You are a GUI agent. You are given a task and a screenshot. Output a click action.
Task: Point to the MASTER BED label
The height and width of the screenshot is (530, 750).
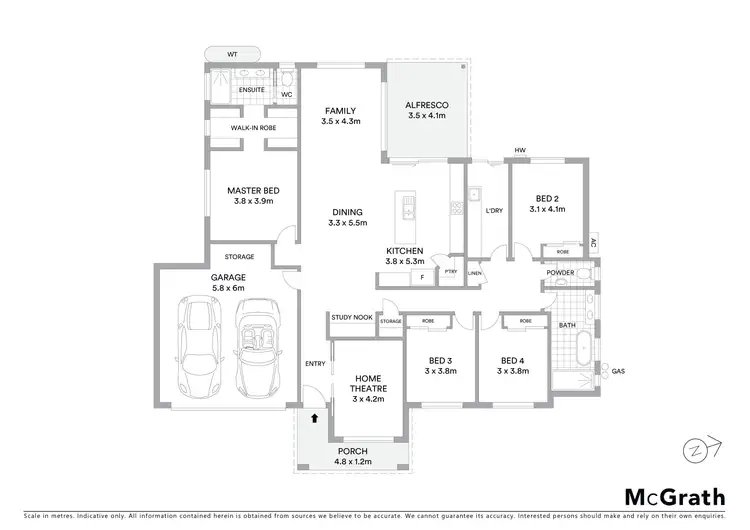pyautogui.click(x=252, y=190)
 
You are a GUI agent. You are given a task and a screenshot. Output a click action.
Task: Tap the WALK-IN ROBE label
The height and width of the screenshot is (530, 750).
pyautogui.click(x=253, y=129)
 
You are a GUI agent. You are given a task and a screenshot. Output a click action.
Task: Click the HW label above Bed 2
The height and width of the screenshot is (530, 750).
pyautogui.click(x=520, y=151)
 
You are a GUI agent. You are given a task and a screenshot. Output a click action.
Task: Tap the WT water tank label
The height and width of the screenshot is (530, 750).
pyautogui.click(x=232, y=54)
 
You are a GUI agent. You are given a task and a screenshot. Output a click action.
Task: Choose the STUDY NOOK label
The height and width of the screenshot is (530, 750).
pyautogui.click(x=352, y=316)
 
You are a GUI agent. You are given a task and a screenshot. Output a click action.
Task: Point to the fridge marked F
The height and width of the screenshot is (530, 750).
pyautogui.click(x=422, y=275)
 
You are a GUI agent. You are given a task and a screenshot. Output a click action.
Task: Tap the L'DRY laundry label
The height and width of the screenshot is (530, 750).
pyautogui.click(x=493, y=211)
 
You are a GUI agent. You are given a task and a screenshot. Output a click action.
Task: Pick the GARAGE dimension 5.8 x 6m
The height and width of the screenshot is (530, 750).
pyautogui.click(x=227, y=288)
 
